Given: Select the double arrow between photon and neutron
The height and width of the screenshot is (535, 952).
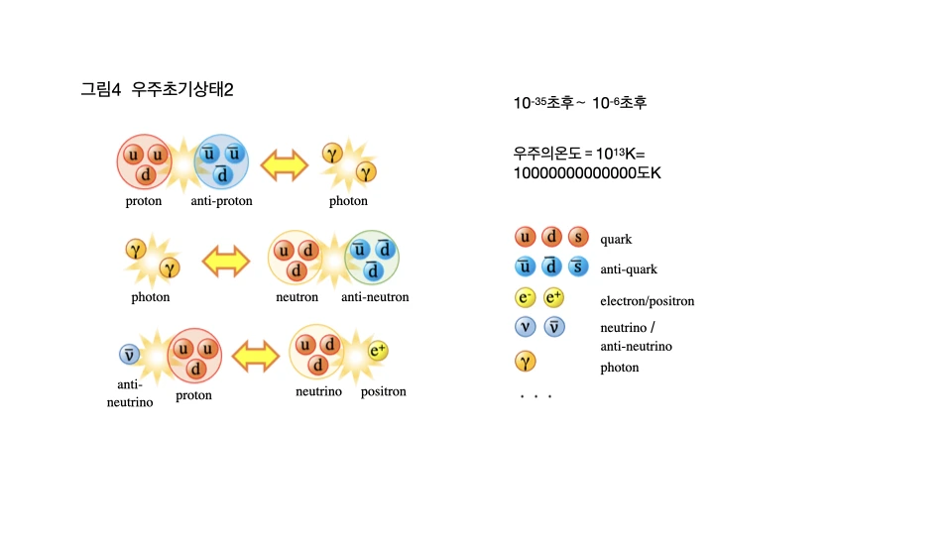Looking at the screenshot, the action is pos(225,262).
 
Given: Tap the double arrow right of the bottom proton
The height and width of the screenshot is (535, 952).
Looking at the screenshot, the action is pos(255,354).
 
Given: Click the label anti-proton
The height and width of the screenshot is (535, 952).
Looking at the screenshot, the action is pos(221,201).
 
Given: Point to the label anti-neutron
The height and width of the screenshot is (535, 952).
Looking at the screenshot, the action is pos(375,297).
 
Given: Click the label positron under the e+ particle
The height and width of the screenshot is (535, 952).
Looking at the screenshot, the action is pos(383,391).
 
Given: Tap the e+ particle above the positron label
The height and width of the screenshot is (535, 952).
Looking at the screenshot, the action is pos(378,350).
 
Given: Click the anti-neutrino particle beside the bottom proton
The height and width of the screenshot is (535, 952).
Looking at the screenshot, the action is pos(129,354).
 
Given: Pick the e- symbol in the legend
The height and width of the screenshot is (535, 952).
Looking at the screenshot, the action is pos(525,298).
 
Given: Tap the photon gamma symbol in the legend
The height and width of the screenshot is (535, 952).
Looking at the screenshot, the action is pos(525,362).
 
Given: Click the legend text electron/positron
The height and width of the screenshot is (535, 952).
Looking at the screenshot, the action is pos(647,301).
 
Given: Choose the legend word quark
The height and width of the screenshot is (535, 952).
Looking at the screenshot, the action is pos(616,239).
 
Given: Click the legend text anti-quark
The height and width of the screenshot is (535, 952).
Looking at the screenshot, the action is pos(629,269).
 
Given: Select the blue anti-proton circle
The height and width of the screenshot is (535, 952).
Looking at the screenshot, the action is pos(221,161).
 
